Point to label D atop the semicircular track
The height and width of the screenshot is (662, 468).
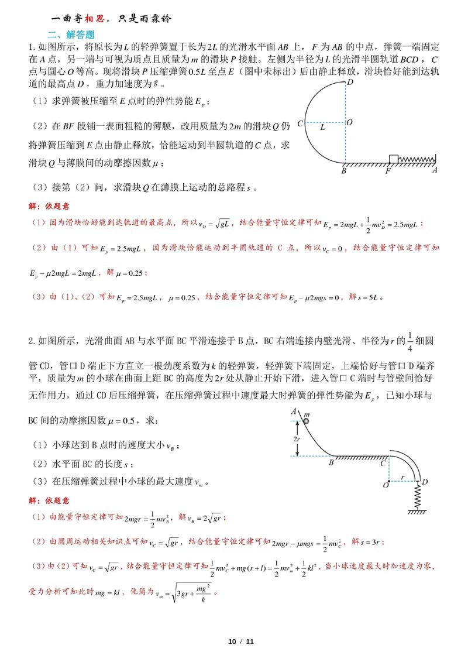349,84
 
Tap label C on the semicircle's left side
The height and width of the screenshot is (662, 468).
300,124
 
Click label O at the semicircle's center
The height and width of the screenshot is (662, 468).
349,123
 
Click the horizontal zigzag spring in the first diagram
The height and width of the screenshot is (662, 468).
417,159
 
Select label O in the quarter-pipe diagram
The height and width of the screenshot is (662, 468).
386,485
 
